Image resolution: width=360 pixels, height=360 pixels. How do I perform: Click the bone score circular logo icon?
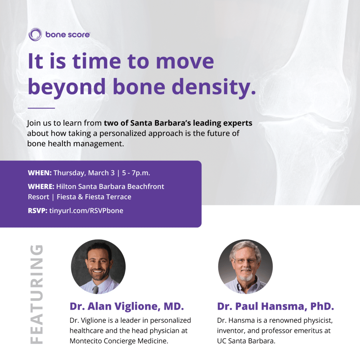pos(35,34)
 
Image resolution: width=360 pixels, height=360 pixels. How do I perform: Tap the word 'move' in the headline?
pos(185,62)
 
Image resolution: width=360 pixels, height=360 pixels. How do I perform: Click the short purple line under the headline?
pos(41,108)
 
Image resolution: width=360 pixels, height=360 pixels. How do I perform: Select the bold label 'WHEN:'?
pos(40,173)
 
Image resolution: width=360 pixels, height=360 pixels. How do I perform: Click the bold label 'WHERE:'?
pos(41,186)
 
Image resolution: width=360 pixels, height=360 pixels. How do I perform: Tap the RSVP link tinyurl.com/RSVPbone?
pos(86,211)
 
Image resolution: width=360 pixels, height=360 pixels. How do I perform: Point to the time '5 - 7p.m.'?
pos(136,173)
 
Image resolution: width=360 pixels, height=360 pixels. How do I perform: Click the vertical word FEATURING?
pos(37,294)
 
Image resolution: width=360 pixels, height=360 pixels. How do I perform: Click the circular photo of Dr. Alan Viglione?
pos(98,267)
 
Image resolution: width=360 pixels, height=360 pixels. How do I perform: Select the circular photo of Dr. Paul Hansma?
pos(245,267)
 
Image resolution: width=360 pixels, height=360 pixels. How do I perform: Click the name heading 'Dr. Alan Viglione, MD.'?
pos(127,306)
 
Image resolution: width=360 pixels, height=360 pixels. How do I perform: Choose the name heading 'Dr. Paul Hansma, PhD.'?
pos(276,306)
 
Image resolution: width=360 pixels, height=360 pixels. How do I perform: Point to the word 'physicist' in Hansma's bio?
pos(318,321)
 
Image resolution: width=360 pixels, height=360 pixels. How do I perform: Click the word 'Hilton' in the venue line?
pos(66,186)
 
